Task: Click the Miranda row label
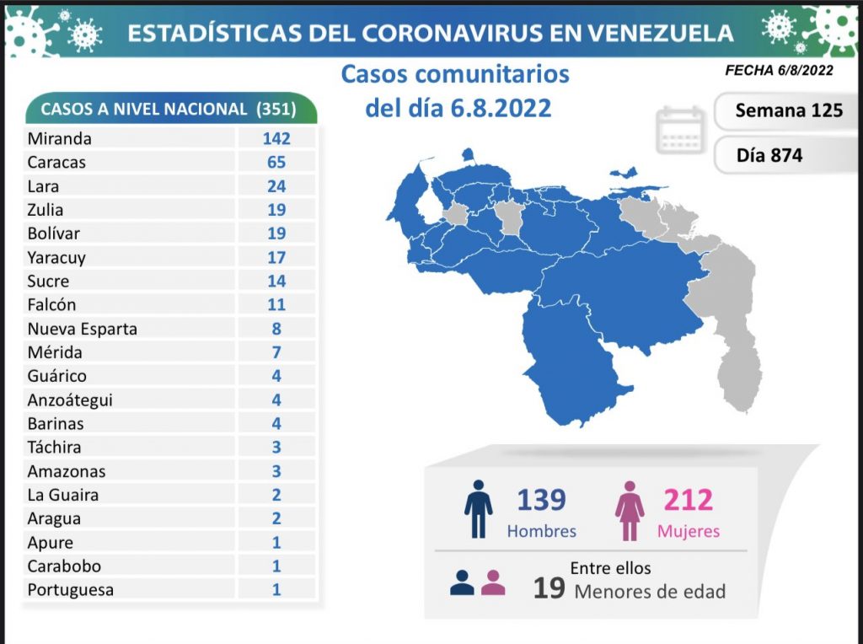pyautogui.click(x=59, y=139)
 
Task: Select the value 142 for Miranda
pyautogui.click(x=276, y=139)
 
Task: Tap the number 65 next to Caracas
pyautogui.click(x=276, y=163)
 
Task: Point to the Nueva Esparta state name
pyautogui.click(x=82, y=329)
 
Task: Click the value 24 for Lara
pyautogui.click(x=276, y=186)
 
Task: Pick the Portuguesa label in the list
pyautogui.click(x=70, y=590)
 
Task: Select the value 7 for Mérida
pyautogui.click(x=276, y=352)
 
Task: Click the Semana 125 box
pyautogui.click(x=788, y=110)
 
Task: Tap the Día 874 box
pyautogui.click(x=769, y=155)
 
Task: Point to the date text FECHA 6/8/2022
pyautogui.click(x=779, y=71)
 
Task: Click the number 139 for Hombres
pyautogui.click(x=541, y=500)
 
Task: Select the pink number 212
pyautogui.click(x=688, y=500)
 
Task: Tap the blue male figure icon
pyautogui.click(x=479, y=509)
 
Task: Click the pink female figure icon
pyautogui.click(x=630, y=509)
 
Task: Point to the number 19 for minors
pyautogui.click(x=549, y=588)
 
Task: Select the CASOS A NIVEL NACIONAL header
pyautogui.click(x=172, y=110)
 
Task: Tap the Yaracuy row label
pyautogui.click(x=56, y=258)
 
